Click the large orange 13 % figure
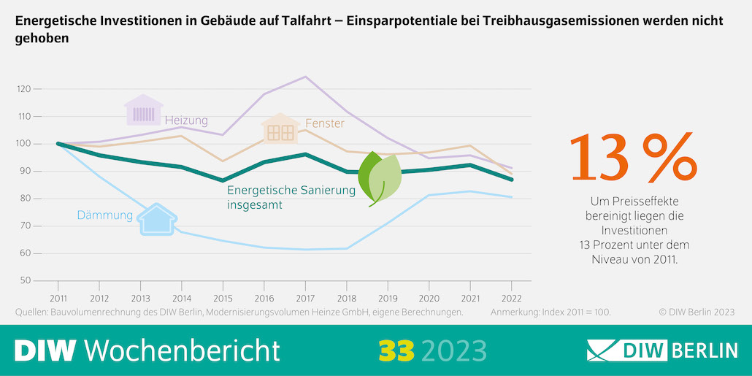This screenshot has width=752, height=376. (632, 158)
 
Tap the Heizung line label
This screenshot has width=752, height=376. (186, 120)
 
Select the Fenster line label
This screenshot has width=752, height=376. (325, 124)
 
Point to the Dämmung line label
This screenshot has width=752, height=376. (105, 215)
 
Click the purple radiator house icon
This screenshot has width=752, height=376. (144, 111)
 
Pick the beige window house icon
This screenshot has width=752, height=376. (280, 129)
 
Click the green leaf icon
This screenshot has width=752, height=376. (380, 178)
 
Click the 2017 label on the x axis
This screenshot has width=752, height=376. (304, 299)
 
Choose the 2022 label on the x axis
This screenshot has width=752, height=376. (511, 299)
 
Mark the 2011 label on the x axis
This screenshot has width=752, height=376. (58, 299)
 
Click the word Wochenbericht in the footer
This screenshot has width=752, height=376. (183, 350)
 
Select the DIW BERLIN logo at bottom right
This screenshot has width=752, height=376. (662, 350)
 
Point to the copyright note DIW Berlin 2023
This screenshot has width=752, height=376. (697, 312)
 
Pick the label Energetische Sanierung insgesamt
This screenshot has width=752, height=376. (291, 198)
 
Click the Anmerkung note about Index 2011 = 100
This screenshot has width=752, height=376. (550, 312)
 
